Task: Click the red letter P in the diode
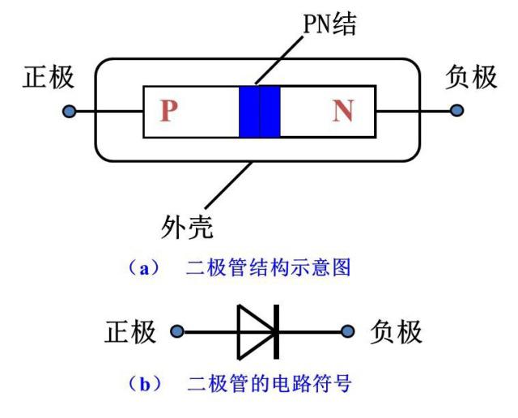(x=168, y=111)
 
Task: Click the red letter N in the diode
(x=342, y=111)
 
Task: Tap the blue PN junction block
(x=260, y=111)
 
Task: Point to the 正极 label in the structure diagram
(x=47, y=79)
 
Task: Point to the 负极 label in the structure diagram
(x=471, y=79)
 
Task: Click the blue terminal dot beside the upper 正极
(x=70, y=111)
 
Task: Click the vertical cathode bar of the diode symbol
(x=276, y=331)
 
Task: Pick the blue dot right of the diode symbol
(x=349, y=331)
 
